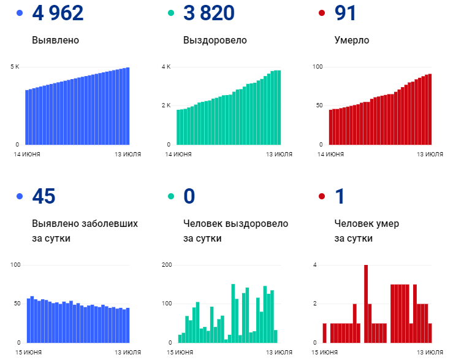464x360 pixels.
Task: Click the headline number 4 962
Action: coord(58,13)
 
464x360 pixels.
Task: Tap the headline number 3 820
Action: coord(208,13)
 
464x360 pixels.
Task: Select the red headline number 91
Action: coord(346,13)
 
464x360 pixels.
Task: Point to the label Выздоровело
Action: coord(215,40)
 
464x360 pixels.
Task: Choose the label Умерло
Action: coord(352,40)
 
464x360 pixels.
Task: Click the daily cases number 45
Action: coord(44,196)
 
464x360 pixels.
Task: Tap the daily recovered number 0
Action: coord(189,196)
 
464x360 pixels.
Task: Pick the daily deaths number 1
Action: coord(340,196)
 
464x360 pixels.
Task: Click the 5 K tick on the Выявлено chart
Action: coord(15,66)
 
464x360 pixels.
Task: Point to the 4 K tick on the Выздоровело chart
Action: coord(165,66)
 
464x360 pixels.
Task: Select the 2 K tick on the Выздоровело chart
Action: coord(165,105)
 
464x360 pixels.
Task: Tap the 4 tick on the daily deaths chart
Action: coord(314,265)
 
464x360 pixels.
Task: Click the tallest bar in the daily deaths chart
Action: coord(366,304)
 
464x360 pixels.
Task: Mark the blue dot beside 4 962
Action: coord(20,13)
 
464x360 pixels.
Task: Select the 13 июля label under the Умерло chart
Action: coord(430,154)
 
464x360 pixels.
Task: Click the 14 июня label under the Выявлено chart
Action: coord(28,154)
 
